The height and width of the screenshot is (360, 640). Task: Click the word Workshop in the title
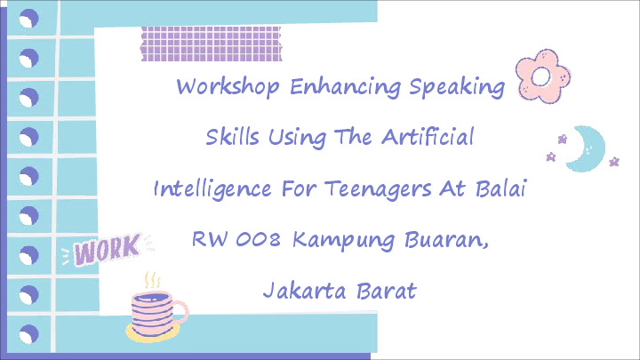point(228,87)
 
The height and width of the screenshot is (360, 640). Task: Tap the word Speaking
point(457,87)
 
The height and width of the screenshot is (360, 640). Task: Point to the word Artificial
point(428,136)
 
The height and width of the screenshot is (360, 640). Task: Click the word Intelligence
point(212,189)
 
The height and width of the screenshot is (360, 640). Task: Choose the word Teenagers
point(378,189)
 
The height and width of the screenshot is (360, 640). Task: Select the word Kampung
point(343,240)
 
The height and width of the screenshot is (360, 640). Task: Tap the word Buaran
point(446,240)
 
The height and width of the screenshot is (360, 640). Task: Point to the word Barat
point(386,291)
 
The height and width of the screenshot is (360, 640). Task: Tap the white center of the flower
point(541,76)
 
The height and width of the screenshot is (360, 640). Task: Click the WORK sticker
point(107,250)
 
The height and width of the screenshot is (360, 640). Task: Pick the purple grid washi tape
point(211,44)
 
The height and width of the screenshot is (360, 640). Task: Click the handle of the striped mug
point(182,312)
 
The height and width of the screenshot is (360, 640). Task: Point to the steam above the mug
point(152,280)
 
